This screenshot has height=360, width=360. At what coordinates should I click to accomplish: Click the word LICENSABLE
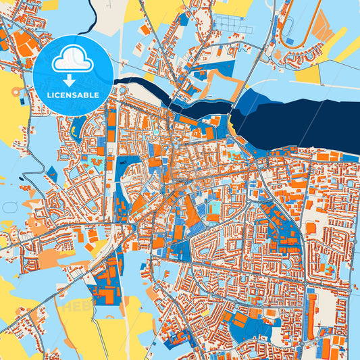click(73, 95)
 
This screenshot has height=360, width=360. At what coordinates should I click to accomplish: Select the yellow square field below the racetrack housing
click(307, 74)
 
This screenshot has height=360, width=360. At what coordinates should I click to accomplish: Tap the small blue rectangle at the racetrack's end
click(290, 41)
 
